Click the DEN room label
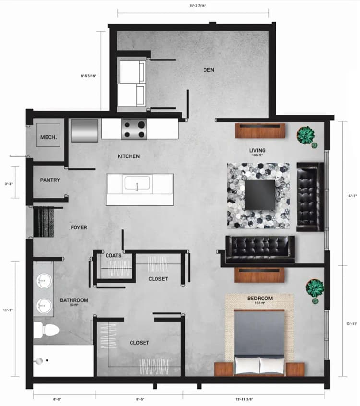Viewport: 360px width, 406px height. (x=208, y=70)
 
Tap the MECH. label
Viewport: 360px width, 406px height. (x=48, y=137)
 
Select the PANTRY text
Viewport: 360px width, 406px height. (x=50, y=180)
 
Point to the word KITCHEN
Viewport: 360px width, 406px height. (x=129, y=156)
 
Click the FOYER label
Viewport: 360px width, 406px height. (x=79, y=227)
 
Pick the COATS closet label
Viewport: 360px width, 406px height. (x=113, y=256)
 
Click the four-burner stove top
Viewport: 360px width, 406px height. (x=134, y=129)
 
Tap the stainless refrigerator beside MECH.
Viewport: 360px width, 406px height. (x=85, y=131)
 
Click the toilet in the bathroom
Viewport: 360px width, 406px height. (x=46, y=330)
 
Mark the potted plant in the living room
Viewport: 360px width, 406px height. (x=305, y=135)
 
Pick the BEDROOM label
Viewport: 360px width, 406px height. (x=260, y=299)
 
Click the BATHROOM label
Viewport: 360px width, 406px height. (x=74, y=300)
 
